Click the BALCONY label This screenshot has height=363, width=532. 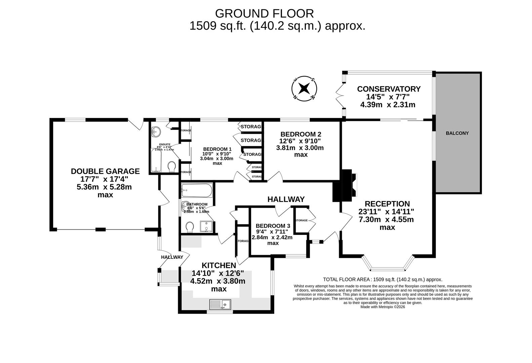point(457,133)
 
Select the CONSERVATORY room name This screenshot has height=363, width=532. point(388,89)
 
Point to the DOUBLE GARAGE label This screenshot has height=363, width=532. point(105,171)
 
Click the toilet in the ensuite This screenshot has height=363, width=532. point(172,166)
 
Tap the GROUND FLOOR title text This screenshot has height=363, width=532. point(264,13)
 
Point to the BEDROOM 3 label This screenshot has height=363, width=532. point(273,226)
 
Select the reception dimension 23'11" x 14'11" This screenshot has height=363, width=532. point(387,212)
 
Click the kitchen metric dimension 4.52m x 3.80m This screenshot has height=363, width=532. point(218,281)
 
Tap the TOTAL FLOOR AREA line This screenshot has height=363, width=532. point(382,279)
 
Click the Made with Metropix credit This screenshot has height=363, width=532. point(382,307)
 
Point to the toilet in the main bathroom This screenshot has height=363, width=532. point(190,227)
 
